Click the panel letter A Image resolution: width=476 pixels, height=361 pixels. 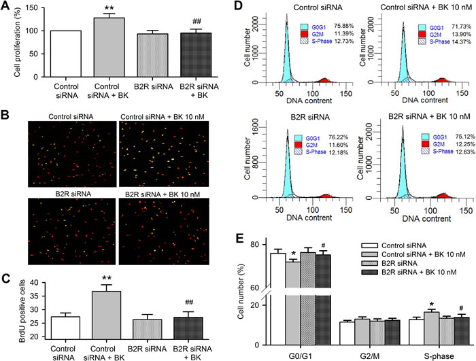coord(6,7)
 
